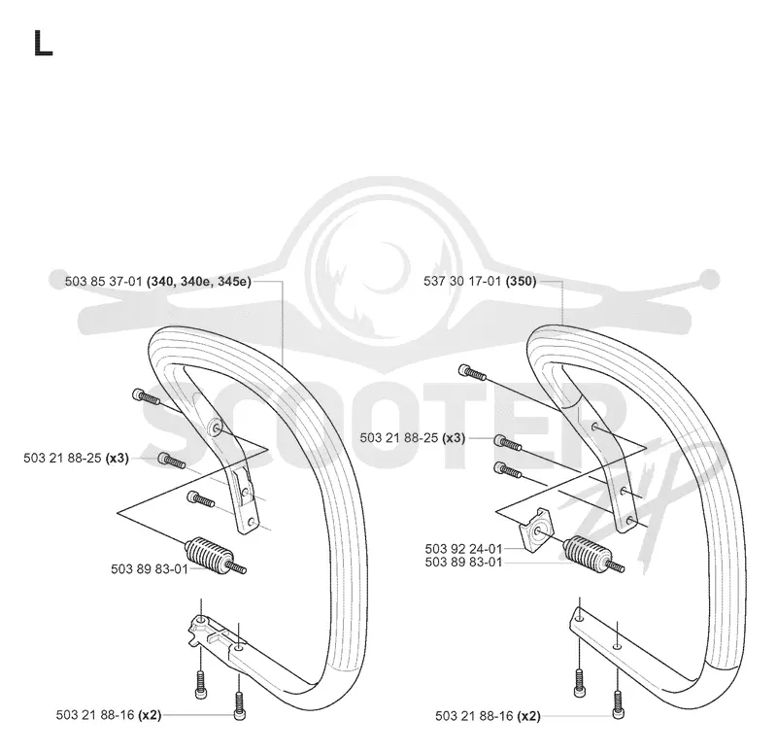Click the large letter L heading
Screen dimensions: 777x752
click(x=43, y=43)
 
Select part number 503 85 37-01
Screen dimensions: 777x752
click(x=104, y=282)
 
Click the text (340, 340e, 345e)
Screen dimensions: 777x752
click(x=199, y=282)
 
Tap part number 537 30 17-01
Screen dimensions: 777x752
click(x=462, y=281)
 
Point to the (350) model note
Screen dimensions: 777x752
click(x=521, y=281)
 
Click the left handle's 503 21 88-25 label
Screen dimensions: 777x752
click(x=62, y=458)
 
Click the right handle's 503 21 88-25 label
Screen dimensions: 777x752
click(x=399, y=438)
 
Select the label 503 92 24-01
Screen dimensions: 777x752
click(x=464, y=549)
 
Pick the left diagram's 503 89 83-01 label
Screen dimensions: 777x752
click(x=150, y=569)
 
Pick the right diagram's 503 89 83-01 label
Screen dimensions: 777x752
click(x=464, y=563)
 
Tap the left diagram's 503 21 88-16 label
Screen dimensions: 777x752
click(x=95, y=715)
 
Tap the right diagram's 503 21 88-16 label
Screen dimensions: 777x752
click(x=474, y=716)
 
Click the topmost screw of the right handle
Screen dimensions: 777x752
click(x=472, y=371)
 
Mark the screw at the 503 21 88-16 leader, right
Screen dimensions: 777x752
click(x=619, y=705)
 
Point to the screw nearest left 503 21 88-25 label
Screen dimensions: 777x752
click(x=172, y=461)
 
